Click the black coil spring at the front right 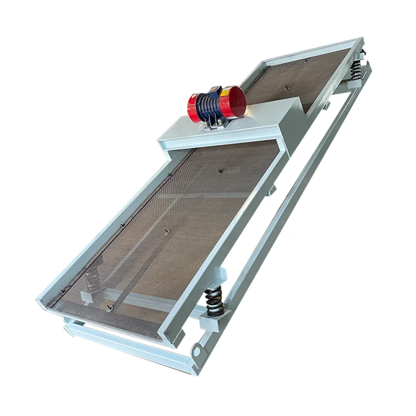click(x=214, y=301)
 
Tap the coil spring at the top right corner click(x=356, y=67)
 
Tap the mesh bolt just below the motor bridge click(x=220, y=170)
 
